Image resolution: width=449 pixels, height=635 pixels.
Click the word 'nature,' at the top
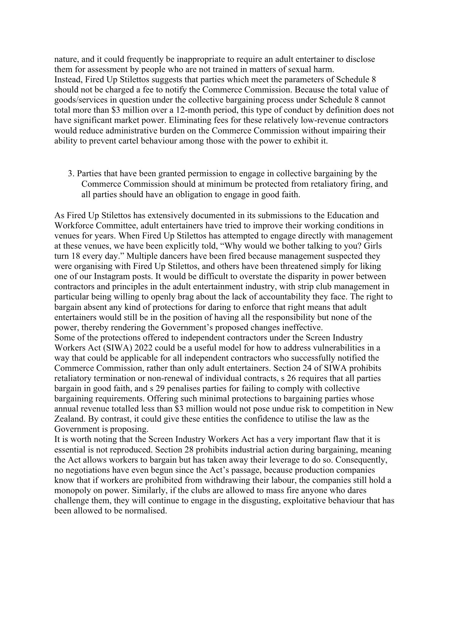(66, 59)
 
